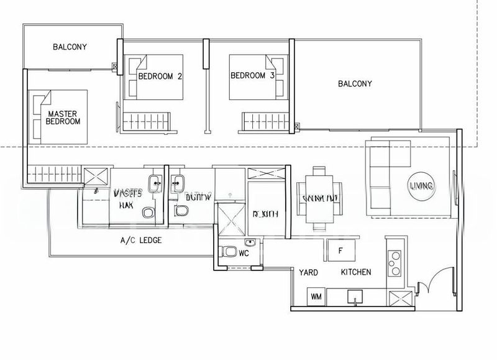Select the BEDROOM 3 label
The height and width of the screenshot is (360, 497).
click(x=252, y=76)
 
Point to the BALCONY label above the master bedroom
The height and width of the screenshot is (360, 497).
click(x=70, y=47)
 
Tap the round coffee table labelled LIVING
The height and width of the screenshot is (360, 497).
click(x=421, y=186)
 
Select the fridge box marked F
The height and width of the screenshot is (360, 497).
click(x=340, y=251)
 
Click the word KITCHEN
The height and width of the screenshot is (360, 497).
click(x=356, y=272)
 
